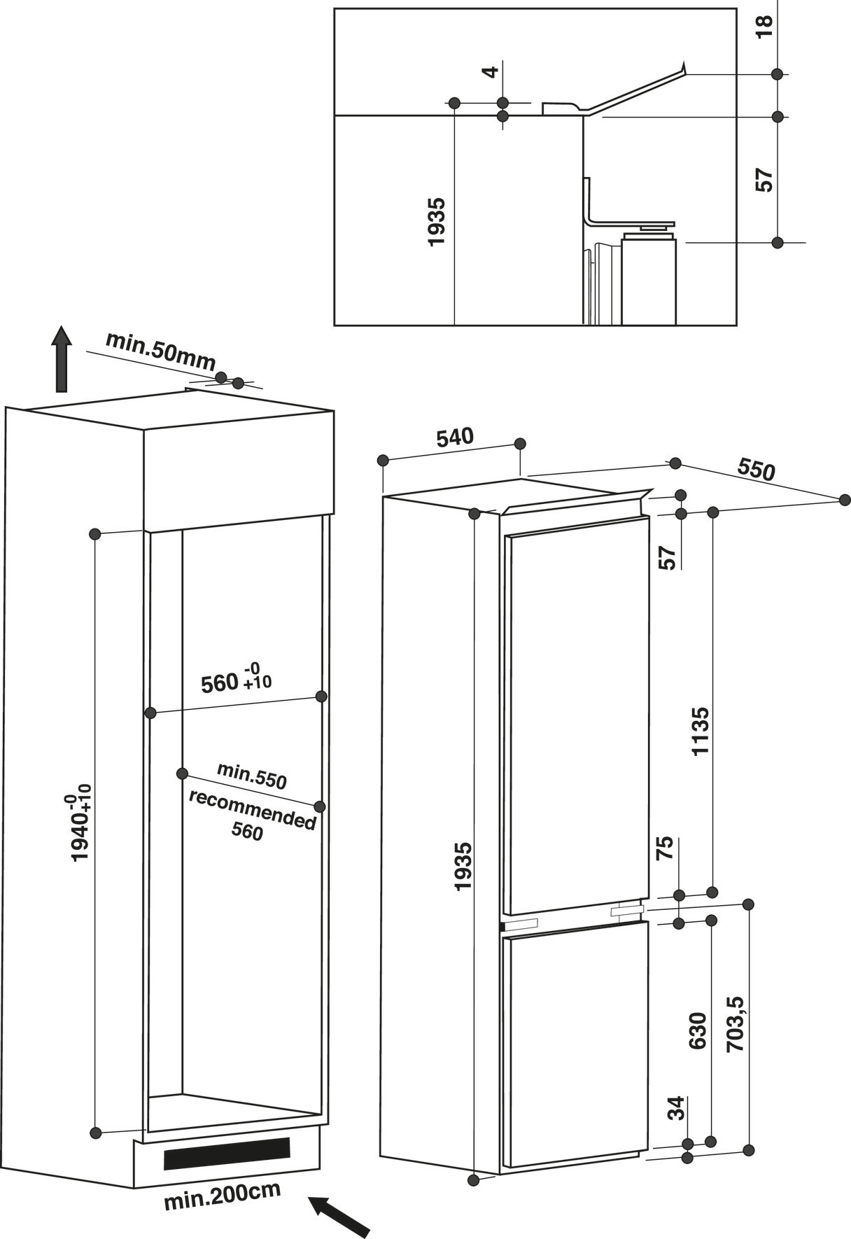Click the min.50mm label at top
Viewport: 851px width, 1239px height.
(160, 351)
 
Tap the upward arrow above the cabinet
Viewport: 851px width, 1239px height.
(62, 359)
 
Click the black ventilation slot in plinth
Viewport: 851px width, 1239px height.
(227, 1153)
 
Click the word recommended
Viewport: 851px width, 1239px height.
(252, 809)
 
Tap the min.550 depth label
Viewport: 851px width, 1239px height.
(252, 776)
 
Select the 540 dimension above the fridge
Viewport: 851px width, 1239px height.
(455, 437)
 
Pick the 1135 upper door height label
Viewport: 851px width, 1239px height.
(700, 731)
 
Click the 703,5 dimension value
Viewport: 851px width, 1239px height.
(737, 1023)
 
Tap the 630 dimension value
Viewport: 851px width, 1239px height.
(698, 1030)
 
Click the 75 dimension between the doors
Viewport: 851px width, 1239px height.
(666, 848)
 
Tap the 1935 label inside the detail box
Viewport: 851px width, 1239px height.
(436, 222)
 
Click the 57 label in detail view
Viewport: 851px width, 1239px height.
(766, 180)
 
